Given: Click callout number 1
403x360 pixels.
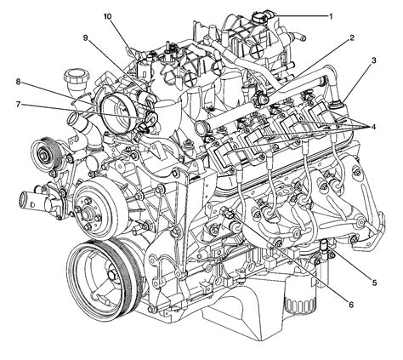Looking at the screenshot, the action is tap(330, 16).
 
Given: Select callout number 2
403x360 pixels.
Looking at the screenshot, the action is tap(352, 37).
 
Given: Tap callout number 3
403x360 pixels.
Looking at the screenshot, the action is tap(374, 60).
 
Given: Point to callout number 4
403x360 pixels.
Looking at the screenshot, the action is tap(373, 127).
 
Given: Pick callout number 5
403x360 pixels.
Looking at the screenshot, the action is tap(374, 283).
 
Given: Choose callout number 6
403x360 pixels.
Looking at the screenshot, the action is tap(351, 305).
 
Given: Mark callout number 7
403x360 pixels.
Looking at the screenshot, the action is tap(18, 105).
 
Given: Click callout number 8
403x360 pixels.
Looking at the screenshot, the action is tap(18, 82).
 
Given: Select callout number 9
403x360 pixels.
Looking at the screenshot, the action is tap(85, 37).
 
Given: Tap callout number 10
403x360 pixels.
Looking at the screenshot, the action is tap(107, 16).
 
